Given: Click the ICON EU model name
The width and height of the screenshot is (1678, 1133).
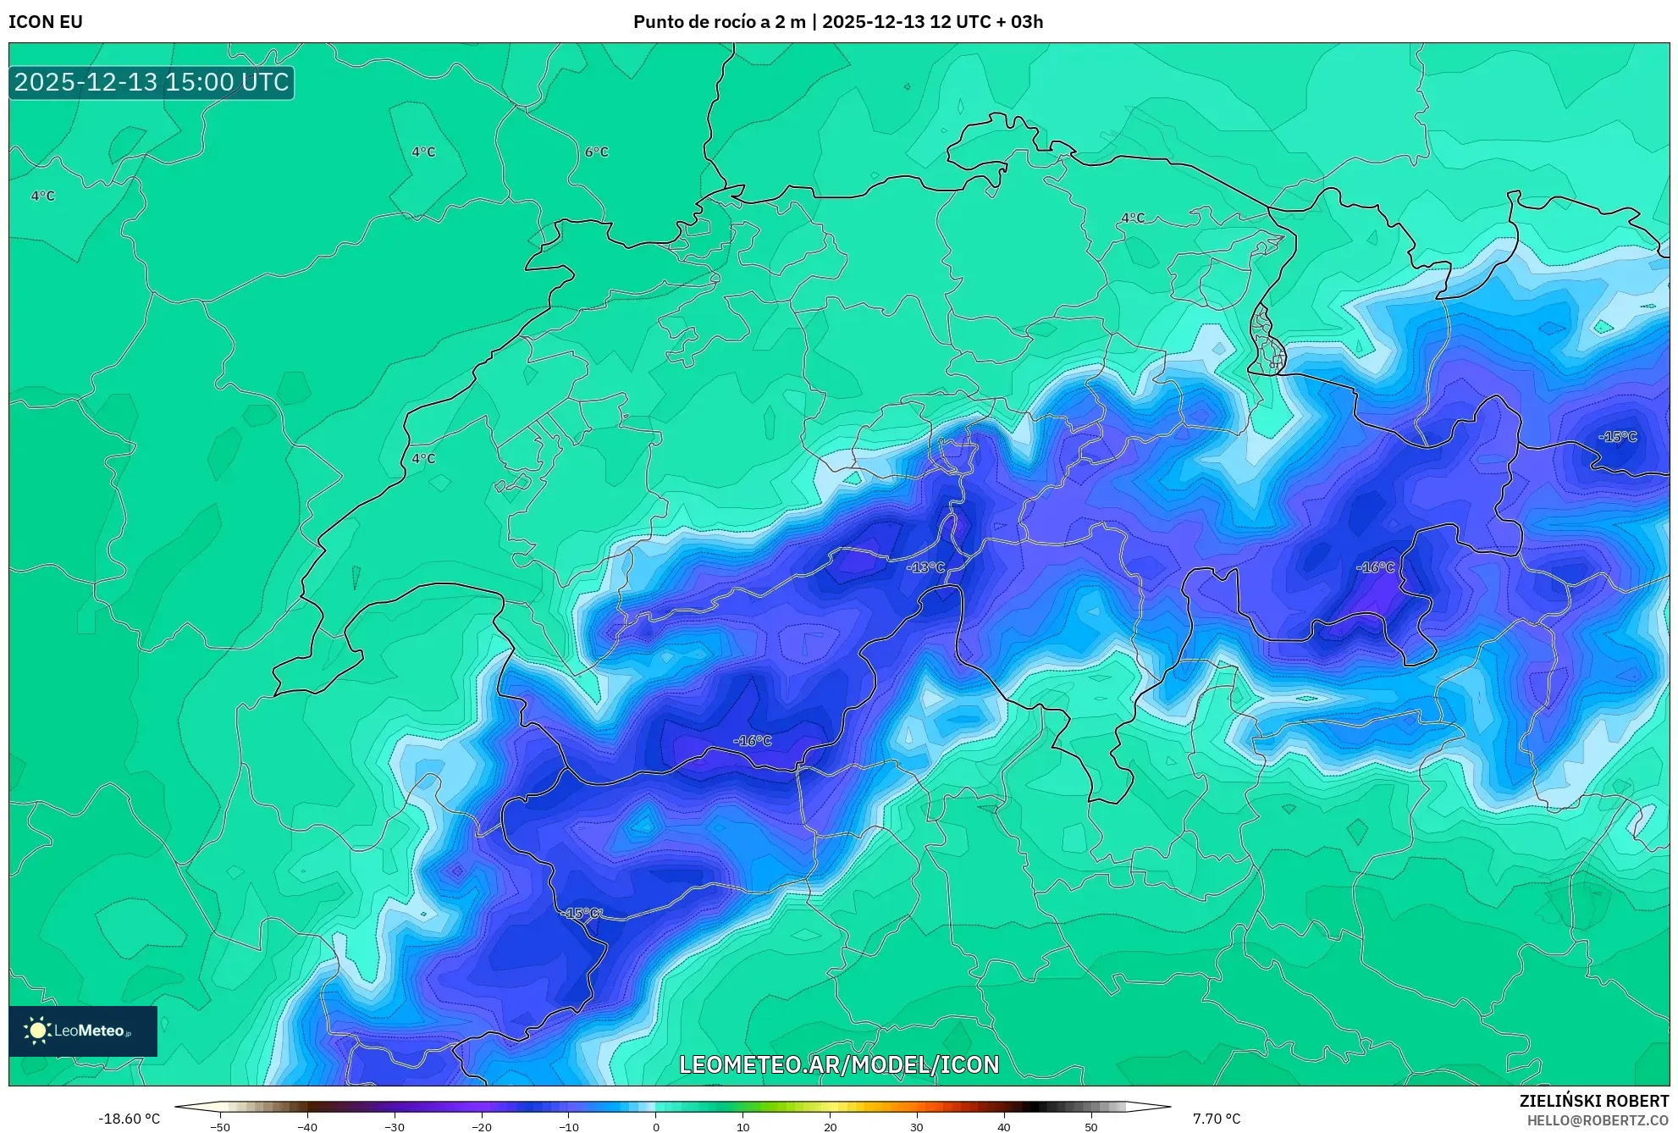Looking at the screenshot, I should click(x=46, y=22).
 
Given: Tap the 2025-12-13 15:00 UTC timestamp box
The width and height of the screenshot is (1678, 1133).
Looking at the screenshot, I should click(x=152, y=82).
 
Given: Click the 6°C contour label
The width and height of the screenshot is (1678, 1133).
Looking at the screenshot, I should click(x=596, y=152).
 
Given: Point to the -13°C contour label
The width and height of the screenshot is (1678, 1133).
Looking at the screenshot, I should click(x=925, y=567).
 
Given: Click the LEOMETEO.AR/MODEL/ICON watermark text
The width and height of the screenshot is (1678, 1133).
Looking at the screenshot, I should click(x=839, y=1064).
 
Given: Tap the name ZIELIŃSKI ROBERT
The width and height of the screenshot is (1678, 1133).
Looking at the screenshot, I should click(x=1593, y=1101).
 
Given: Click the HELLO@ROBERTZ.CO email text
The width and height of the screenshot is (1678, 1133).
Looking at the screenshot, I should click(x=1597, y=1120).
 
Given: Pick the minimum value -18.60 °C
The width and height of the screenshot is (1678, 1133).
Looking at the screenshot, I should click(x=129, y=1119).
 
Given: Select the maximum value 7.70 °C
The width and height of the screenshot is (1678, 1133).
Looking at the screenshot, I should click(x=1217, y=1119).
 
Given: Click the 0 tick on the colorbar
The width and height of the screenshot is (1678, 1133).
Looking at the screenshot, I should click(x=656, y=1127).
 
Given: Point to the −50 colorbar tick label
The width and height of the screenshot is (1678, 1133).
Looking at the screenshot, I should click(x=219, y=1127).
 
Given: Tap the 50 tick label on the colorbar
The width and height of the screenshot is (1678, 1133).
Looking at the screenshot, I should click(x=1090, y=1127).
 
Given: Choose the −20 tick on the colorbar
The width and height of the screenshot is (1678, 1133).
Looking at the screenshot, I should click(x=481, y=1127).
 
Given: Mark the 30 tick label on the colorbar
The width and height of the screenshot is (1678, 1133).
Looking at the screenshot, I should click(x=917, y=1127).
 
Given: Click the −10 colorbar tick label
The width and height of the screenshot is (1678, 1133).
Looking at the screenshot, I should click(x=568, y=1127).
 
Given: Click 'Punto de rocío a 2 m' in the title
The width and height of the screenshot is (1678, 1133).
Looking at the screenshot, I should click(x=719, y=22).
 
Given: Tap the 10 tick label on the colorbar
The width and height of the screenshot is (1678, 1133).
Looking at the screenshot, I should click(x=742, y=1127).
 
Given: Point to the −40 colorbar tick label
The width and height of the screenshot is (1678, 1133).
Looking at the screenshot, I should click(x=306, y=1127).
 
